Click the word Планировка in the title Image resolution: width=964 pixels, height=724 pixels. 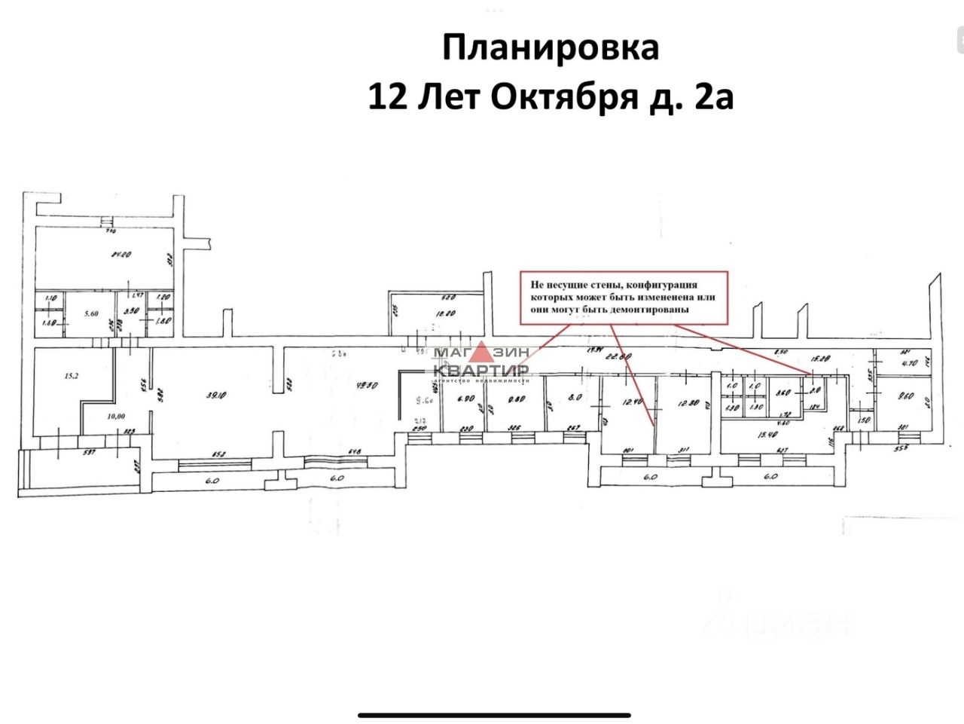(x=550, y=47)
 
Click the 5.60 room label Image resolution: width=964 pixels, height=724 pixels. (x=91, y=313)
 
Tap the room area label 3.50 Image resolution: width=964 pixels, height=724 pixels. (x=130, y=310)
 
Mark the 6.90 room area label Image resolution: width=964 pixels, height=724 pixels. (x=465, y=399)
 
